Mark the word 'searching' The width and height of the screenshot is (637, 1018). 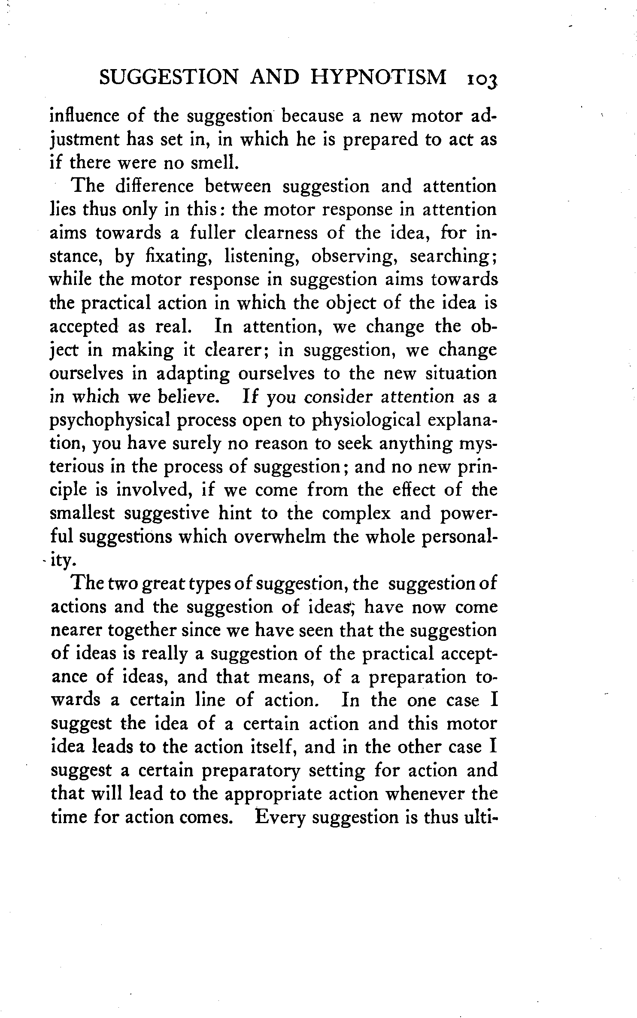point(453,256)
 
